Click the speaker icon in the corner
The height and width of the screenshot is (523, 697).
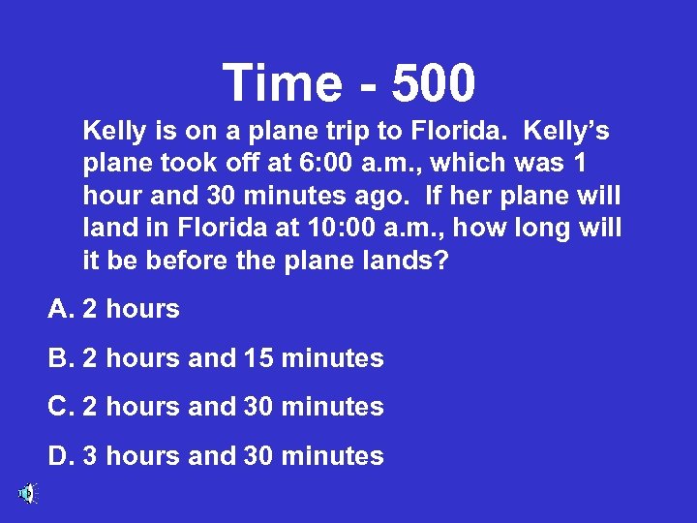26,494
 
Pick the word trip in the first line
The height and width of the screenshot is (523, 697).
361,129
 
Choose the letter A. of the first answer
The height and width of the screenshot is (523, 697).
61,310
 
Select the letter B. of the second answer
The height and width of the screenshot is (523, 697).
61,358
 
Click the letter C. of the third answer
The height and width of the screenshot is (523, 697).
61,407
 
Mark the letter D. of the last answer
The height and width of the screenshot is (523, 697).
61,456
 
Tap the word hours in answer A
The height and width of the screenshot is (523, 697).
142,310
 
